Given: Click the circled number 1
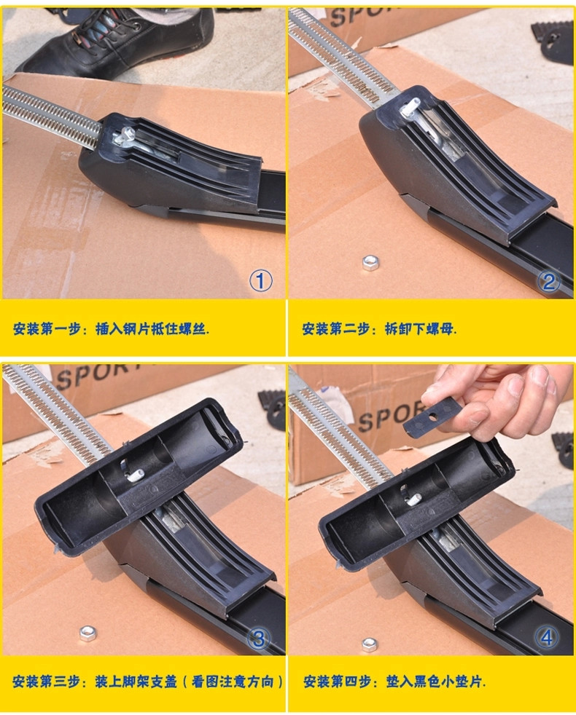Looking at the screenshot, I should click(260, 280).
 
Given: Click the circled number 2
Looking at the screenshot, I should click(548, 281).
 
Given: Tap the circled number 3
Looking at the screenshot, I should click(260, 639).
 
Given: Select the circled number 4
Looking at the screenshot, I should click(548, 638).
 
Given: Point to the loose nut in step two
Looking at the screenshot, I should click(370, 263).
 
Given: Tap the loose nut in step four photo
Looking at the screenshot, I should click(370, 644).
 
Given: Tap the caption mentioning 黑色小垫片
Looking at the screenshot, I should click(394, 682).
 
